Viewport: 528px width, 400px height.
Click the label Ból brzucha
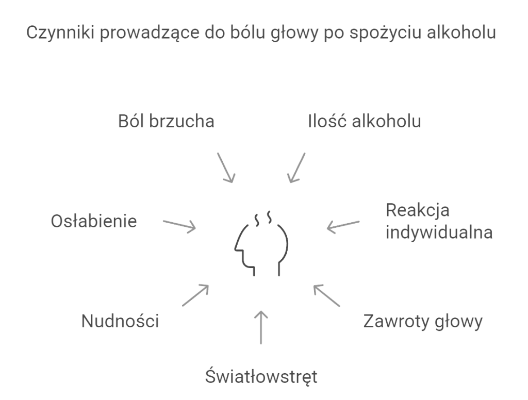(166, 121)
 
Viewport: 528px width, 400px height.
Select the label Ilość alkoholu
(365, 121)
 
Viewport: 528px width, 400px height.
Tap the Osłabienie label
(94, 221)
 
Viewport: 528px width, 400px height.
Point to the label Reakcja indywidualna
(439, 221)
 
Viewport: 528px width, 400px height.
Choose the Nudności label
(120, 321)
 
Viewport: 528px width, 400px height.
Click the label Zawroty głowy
(423, 322)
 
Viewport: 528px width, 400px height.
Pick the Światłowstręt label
(261, 376)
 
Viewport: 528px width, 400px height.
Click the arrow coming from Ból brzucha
(226, 168)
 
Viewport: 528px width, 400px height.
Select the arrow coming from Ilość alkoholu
(296, 168)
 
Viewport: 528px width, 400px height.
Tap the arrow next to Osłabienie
(179, 225)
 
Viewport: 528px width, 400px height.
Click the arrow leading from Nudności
(195, 295)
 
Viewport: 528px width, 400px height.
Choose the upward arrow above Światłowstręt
(261, 327)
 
